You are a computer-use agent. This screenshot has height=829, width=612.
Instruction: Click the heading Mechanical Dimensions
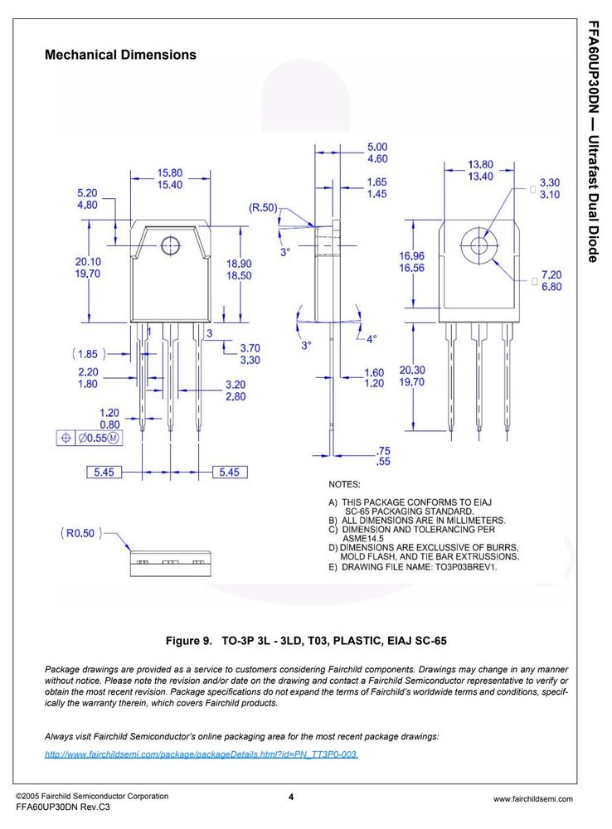tap(120, 55)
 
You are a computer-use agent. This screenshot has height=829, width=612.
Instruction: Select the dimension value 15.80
tap(169, 173)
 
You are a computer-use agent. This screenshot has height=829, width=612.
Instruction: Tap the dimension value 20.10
tap(88, 262)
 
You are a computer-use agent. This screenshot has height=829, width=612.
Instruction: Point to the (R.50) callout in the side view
tap(263, 208)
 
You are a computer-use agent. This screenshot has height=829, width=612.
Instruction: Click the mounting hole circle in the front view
tap(170, 245)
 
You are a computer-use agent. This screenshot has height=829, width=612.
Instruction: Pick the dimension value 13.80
tap(480, 164)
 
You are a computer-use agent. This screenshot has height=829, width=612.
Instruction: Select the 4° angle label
tap(372, 339)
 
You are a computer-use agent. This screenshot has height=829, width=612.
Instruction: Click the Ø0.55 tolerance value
tap(93, 438)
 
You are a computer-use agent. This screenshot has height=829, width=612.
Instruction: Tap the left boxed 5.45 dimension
tap(104, 473)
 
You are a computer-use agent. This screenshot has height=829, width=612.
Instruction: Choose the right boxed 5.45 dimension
tap(230, 473)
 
